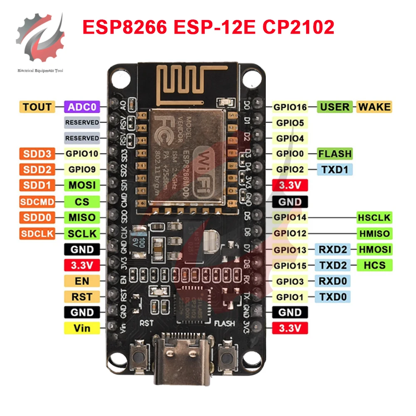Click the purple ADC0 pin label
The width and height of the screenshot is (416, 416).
coord(82,107)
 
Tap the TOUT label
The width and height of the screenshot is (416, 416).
coord(37,107)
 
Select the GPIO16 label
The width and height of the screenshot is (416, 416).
coord(290,107)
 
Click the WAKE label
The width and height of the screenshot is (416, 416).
coord(374,107)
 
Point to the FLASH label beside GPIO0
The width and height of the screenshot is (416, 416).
coord(335,154)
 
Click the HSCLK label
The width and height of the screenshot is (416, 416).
coord(374,218)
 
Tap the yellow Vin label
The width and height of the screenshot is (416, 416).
coord(82,328)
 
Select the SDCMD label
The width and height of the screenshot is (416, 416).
coord(37,202)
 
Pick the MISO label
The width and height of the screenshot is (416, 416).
coord(82,218)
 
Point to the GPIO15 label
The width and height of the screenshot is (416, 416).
coord(290,265)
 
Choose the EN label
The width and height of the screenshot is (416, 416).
coord(82,281)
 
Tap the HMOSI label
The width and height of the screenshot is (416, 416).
coord(374,249)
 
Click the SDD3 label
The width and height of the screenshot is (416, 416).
coord(37,154)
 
